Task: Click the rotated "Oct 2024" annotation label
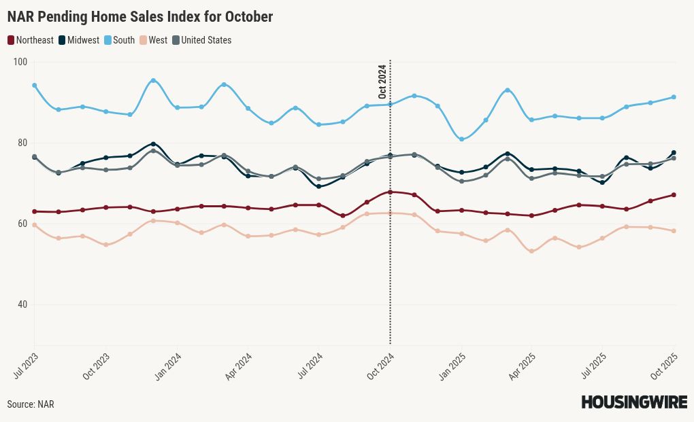tap(382, 82)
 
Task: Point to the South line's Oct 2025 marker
tap(674, 97)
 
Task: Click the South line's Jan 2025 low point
tap(461, 139)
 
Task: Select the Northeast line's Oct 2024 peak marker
tap(390, 192)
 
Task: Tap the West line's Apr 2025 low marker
tap(531, 251)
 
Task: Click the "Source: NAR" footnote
tap(31, 404)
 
